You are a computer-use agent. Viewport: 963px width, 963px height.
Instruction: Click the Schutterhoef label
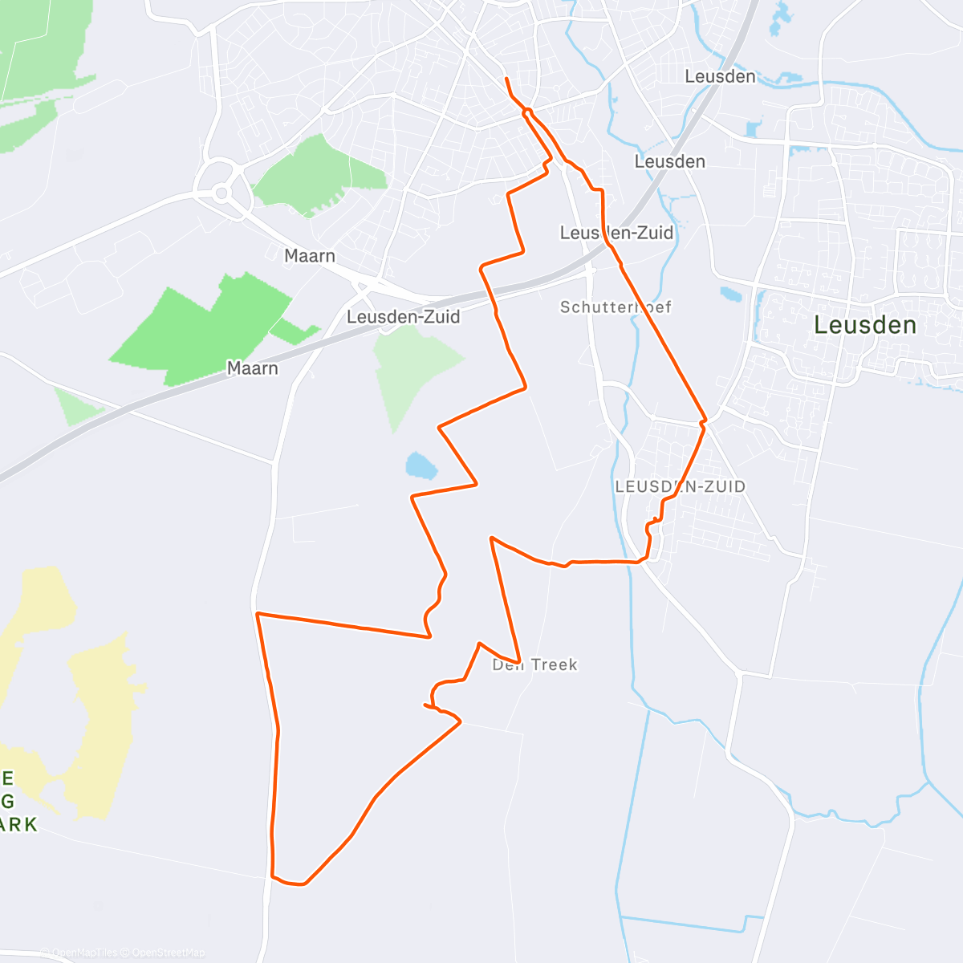616,307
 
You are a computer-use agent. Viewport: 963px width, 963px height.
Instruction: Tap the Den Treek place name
534,664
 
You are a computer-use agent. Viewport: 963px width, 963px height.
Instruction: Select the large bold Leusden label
865,325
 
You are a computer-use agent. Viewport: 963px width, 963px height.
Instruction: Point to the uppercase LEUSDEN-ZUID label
680,486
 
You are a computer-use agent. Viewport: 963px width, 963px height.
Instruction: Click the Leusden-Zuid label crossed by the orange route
616,233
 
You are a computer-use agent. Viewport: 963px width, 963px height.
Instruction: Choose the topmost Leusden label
720,76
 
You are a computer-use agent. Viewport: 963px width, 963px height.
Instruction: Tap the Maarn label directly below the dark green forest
252,368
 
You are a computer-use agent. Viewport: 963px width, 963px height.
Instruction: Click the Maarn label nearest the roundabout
310,256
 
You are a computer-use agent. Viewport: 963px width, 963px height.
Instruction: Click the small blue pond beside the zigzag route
421,465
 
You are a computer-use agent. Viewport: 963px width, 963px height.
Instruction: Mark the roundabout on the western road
221,192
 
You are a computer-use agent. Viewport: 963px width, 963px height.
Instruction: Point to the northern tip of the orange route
506,79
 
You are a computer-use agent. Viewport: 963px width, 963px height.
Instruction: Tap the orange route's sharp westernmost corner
258,614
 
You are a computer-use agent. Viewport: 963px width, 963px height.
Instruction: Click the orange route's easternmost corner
705,421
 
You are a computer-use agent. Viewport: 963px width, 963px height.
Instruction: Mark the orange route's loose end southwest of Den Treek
425,705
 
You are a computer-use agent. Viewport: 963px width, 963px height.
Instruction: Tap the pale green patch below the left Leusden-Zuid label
413,369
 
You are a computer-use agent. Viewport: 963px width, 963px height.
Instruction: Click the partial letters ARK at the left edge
19,824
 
